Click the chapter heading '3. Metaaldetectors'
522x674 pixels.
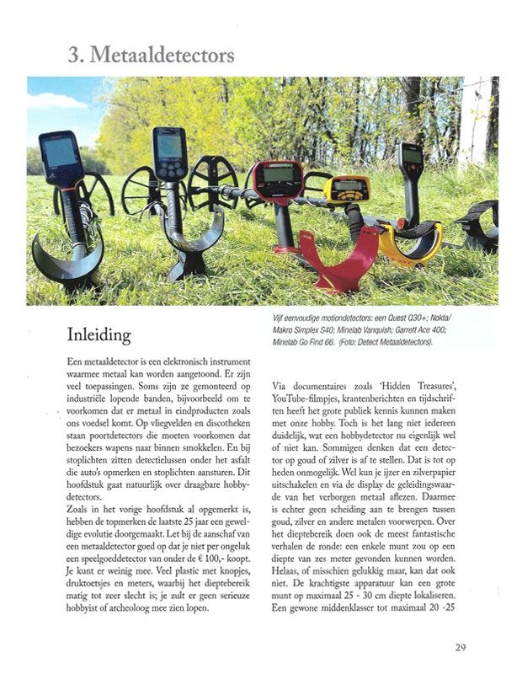152,56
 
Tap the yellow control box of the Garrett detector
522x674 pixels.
347,189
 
